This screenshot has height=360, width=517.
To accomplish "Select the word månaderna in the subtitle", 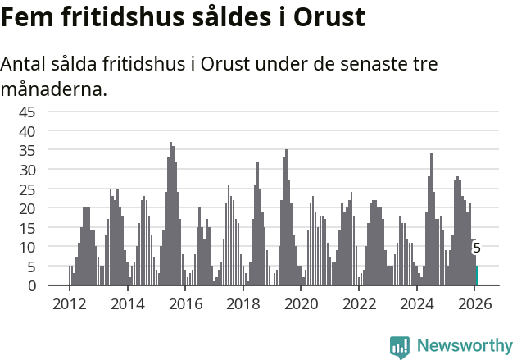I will click(x=53, y=89).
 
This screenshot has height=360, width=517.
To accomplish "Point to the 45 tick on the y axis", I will click(x=27, y=112).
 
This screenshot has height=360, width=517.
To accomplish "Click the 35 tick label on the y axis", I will click(x=27, y=150).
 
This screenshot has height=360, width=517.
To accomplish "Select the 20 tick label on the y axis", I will click(x=27, y=208).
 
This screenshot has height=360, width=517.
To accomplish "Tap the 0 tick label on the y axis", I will click(x=31, y=286).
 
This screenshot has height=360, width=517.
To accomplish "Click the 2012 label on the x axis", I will click(x=69, y=303).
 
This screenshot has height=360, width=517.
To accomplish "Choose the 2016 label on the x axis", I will click(x=185, y=303).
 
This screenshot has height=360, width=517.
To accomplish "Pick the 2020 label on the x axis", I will click(x=302, y=303).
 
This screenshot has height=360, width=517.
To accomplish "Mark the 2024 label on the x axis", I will click(x=417, y=303).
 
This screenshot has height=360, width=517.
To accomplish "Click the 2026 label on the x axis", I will click(x=475, y=303).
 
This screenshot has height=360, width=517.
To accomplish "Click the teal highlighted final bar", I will click(x=477, y=276).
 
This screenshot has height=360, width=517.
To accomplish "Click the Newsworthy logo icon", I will click(x=400, y=346).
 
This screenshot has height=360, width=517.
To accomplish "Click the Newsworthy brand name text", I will click(x=464, y=346).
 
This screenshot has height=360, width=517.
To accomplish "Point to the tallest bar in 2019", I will click(x=286, y=218).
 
